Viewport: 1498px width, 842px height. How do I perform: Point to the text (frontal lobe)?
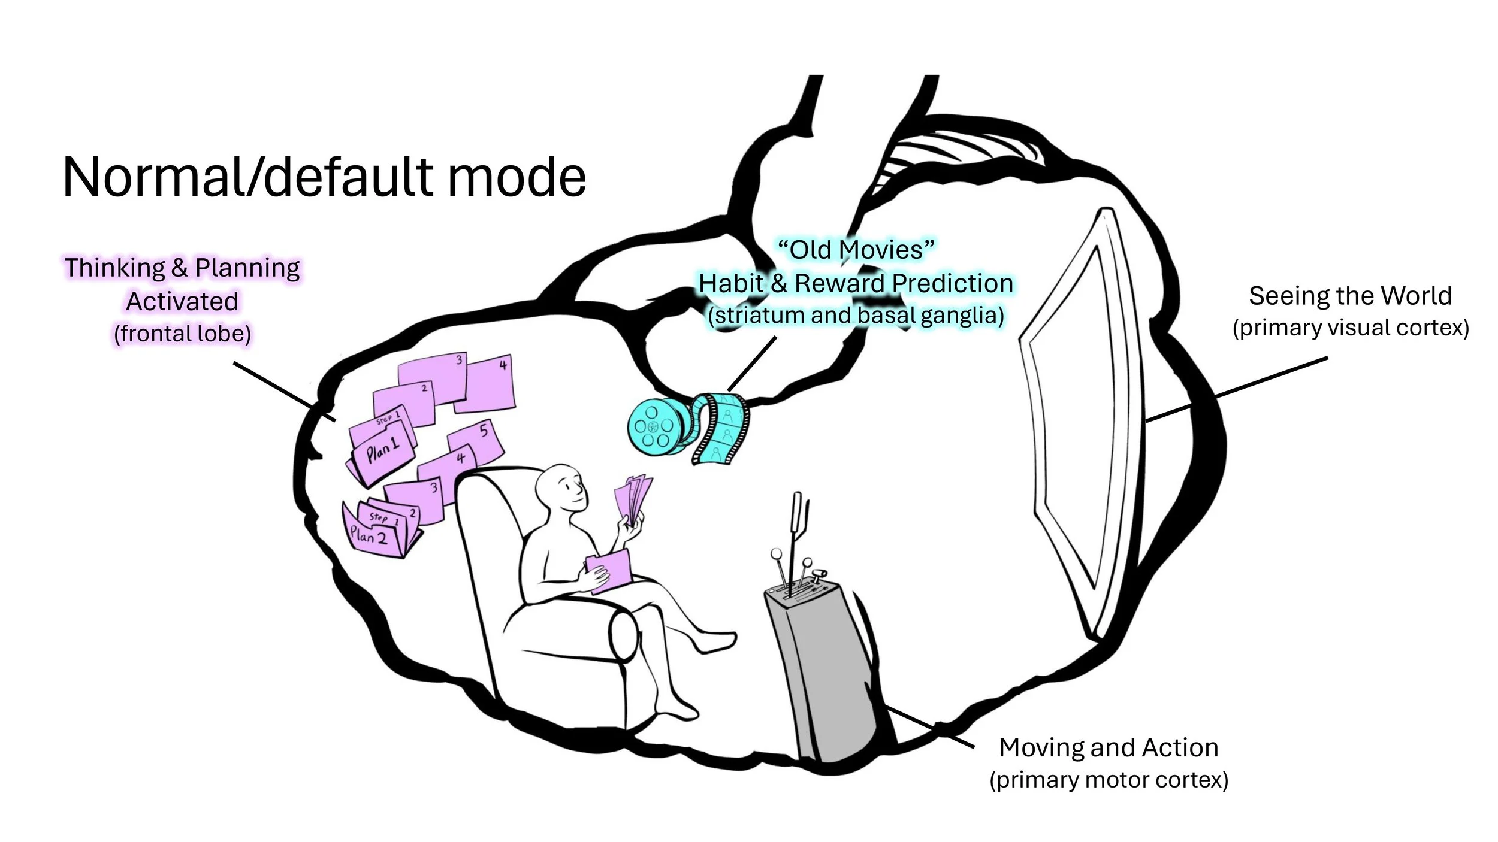click(182, 334)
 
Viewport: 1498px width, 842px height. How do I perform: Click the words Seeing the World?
click(1350, 296)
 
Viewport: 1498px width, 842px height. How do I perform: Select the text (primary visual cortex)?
click(1350, 328)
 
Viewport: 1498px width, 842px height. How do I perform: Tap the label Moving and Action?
click(1109, 747)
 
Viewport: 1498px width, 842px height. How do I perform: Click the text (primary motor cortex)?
click(1109, 780)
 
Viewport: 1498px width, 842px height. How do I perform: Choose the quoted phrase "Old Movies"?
click(856, 250)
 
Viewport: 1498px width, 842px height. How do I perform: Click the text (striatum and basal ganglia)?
click(856, 316)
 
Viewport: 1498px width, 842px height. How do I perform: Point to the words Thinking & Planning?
click(182, 268)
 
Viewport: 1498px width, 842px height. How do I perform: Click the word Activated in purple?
click(182, 301)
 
